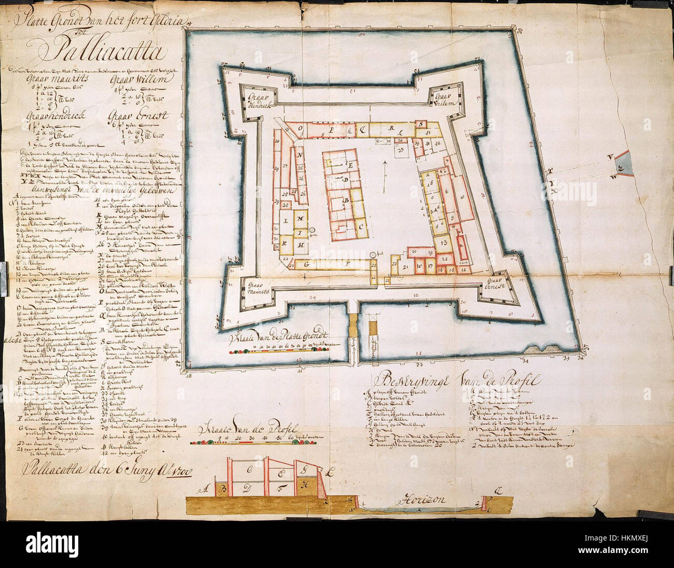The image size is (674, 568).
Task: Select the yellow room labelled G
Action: [x=306, y=264]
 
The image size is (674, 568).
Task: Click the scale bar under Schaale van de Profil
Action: [x=264, y=442]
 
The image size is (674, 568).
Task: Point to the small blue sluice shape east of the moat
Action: [x=621, y=164]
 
